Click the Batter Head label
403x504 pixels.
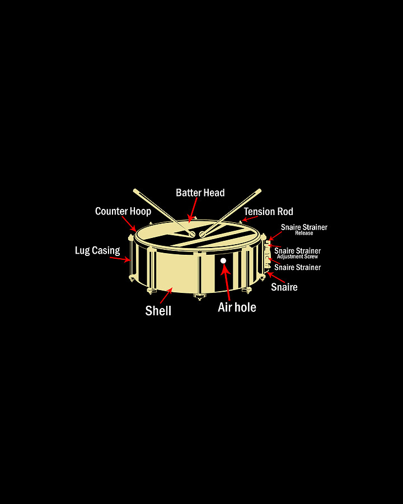coord(200,193)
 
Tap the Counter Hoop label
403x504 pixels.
coord(123,211)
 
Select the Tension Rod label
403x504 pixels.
coord(268,212)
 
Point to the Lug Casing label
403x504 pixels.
coord(97,250)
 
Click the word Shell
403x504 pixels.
coord(158,311)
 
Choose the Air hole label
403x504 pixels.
coord(237,307)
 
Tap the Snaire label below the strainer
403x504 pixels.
coord(284,287)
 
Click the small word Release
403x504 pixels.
coord(304,233)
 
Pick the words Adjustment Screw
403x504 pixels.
coord(297,256)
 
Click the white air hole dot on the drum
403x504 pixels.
coord(223,260)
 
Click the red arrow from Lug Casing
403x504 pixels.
coord(119,258)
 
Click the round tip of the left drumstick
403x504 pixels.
coord(191,234)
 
